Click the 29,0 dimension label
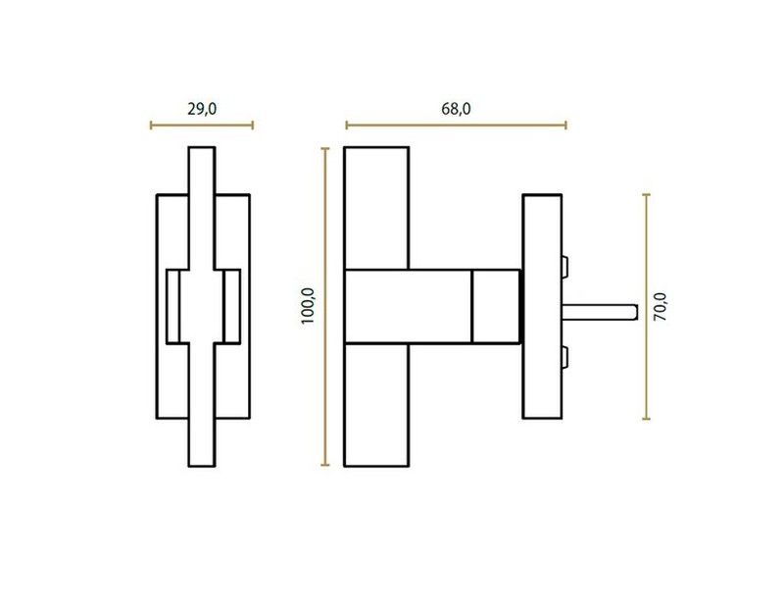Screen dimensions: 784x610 click(202, 109)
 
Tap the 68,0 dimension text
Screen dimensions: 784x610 click(456, 109)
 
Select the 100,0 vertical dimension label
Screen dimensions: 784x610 click(308, 306)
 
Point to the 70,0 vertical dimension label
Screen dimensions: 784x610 click(661, 306)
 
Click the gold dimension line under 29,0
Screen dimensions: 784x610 click(202, 126)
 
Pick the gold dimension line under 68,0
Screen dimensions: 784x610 click(456, 126)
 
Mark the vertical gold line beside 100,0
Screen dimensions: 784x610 click(325, 307)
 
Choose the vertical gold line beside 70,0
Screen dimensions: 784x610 click(646, 306)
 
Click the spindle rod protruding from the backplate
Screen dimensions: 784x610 click(600, 312)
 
